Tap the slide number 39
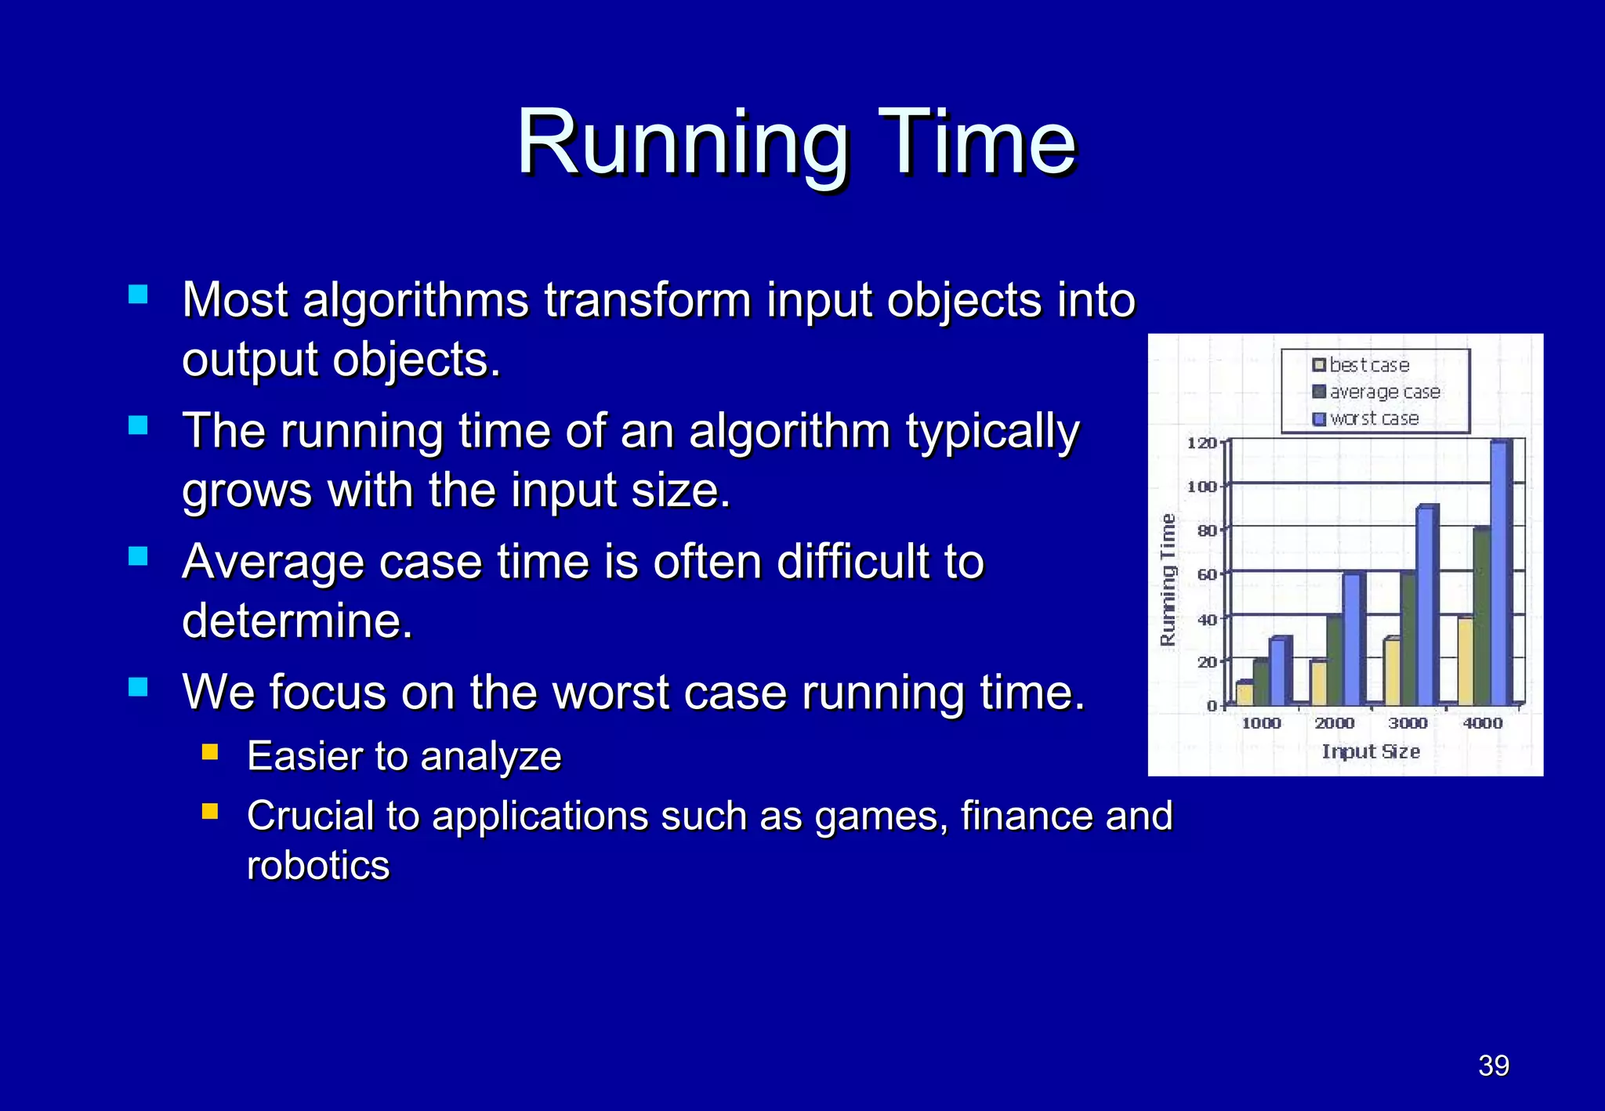pyautogui.click(x=1493, y=1066)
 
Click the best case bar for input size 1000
pyautogui.click(x=1243, y=693)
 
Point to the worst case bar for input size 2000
pyautogui.click(x=1351, y=639)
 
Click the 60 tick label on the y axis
pyautogui.click(x=1207, y=574)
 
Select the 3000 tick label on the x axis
pyautogui.click(x=1408, y=723)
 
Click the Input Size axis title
pyautogui.click(x=1371, y=751)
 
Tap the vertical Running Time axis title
pyautogui.click(x=1168, y=580)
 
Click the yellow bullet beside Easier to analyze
pyautogui.click(x=209, y=753)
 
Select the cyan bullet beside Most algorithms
pyautogui.click(x=138, y=295)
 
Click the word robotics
pyautogui.click(x=318, y=866)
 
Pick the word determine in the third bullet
pyautogui.click(x=296, y=621)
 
